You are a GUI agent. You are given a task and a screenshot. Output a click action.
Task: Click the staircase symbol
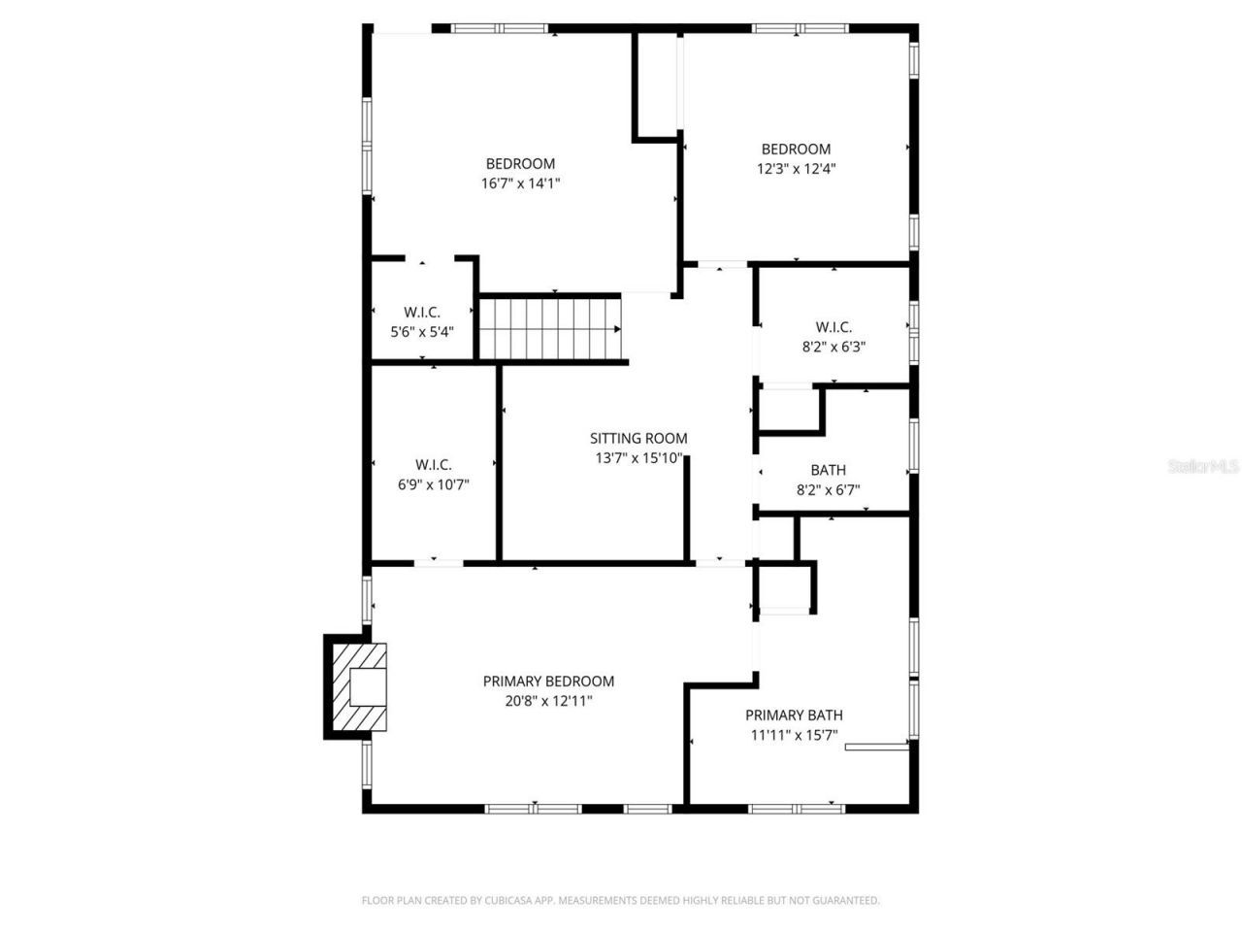[x=550, y=328]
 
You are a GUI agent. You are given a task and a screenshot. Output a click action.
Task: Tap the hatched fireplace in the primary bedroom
[x=358, y=686]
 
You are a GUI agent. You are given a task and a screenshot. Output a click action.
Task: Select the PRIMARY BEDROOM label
[x=548, y=682]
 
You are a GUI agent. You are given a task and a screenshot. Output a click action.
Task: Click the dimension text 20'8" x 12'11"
[x=548, y=700]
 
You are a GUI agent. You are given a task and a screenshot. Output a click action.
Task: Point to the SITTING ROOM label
[x=638, y=439]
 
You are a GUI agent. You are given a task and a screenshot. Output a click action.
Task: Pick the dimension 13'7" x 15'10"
[x=638, y=458]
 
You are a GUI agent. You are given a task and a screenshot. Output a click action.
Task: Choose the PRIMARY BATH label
[x=793, y=716]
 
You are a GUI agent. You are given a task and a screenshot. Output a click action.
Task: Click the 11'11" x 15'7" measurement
[x=793, y=735]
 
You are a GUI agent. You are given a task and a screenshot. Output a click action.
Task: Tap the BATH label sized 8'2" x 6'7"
[x=828, y=471]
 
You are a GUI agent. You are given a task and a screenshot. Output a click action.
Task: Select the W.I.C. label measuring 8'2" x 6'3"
[x=833, y=327]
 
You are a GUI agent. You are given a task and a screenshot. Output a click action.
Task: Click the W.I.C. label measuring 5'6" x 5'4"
[x=422, y=312]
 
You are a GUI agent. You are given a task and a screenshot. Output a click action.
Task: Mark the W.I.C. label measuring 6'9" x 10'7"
[x=434, y=465]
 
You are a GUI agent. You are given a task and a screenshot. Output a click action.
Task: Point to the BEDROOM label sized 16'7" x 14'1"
[x=520, y=163]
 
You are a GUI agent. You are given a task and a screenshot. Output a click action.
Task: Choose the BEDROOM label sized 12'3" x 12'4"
[x=796, y=149]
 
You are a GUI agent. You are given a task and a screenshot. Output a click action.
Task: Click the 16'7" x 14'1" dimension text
[x=520, y=183]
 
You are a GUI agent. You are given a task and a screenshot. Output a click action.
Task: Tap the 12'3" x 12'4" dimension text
[x=796, y=168]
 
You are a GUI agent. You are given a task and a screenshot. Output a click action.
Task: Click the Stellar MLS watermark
[x=1203, y=467]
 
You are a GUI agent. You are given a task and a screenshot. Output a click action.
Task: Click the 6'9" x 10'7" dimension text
[x=434, y=484]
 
